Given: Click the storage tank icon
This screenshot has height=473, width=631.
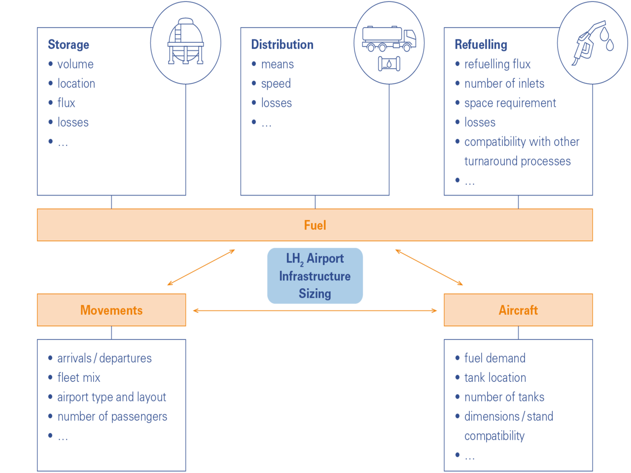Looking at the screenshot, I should click(185, 42).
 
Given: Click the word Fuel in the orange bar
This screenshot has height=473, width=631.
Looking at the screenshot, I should click(315, 225).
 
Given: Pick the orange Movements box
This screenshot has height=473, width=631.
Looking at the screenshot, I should click(111, 310).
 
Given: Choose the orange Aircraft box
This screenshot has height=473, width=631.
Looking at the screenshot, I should click(518, 310).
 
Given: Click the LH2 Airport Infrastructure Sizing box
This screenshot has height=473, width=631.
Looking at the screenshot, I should click(315, 275).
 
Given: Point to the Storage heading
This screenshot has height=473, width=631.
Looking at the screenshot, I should click(69, 45).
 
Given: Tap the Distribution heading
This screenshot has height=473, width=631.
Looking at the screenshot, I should click(282, 45).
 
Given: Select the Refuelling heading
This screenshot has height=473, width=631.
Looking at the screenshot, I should click(481, 45).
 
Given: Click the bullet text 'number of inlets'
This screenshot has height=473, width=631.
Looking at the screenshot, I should click(504, 84).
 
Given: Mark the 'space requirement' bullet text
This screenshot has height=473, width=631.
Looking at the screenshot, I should click(510, 103).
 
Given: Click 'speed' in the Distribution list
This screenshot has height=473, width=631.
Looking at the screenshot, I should click(276, 84).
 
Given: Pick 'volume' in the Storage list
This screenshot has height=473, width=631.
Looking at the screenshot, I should click(75, 64).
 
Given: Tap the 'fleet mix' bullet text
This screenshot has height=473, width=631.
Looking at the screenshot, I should click(79, 378).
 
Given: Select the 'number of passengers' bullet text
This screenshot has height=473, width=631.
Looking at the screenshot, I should click(112, 417).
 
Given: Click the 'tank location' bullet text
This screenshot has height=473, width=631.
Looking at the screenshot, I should click(495, 378).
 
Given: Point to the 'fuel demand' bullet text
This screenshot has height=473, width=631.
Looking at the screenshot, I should click(494, 358).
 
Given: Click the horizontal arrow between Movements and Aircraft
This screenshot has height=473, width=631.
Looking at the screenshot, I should click(315, 310).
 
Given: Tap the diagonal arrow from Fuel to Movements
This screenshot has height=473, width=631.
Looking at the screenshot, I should click(201, 268).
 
